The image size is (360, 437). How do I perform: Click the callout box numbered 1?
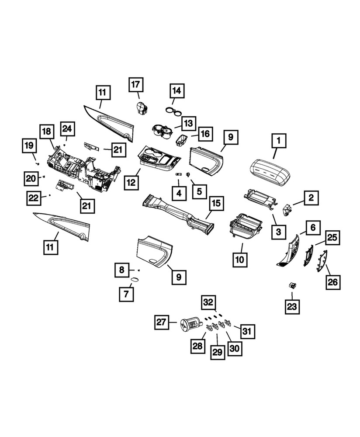(278, 142)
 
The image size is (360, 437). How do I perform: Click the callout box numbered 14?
(177, 91)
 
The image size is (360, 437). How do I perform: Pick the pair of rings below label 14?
(174, 111)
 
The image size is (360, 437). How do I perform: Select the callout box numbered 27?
(161, 323)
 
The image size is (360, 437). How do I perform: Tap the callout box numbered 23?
(292, 307)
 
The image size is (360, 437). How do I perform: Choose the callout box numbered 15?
(216, 203)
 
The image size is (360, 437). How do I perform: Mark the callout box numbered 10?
(240, 259)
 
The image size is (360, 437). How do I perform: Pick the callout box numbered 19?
(29, 146)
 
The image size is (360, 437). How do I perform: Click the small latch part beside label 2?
(287, 210)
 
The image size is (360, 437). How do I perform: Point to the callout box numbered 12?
(131, 183)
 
